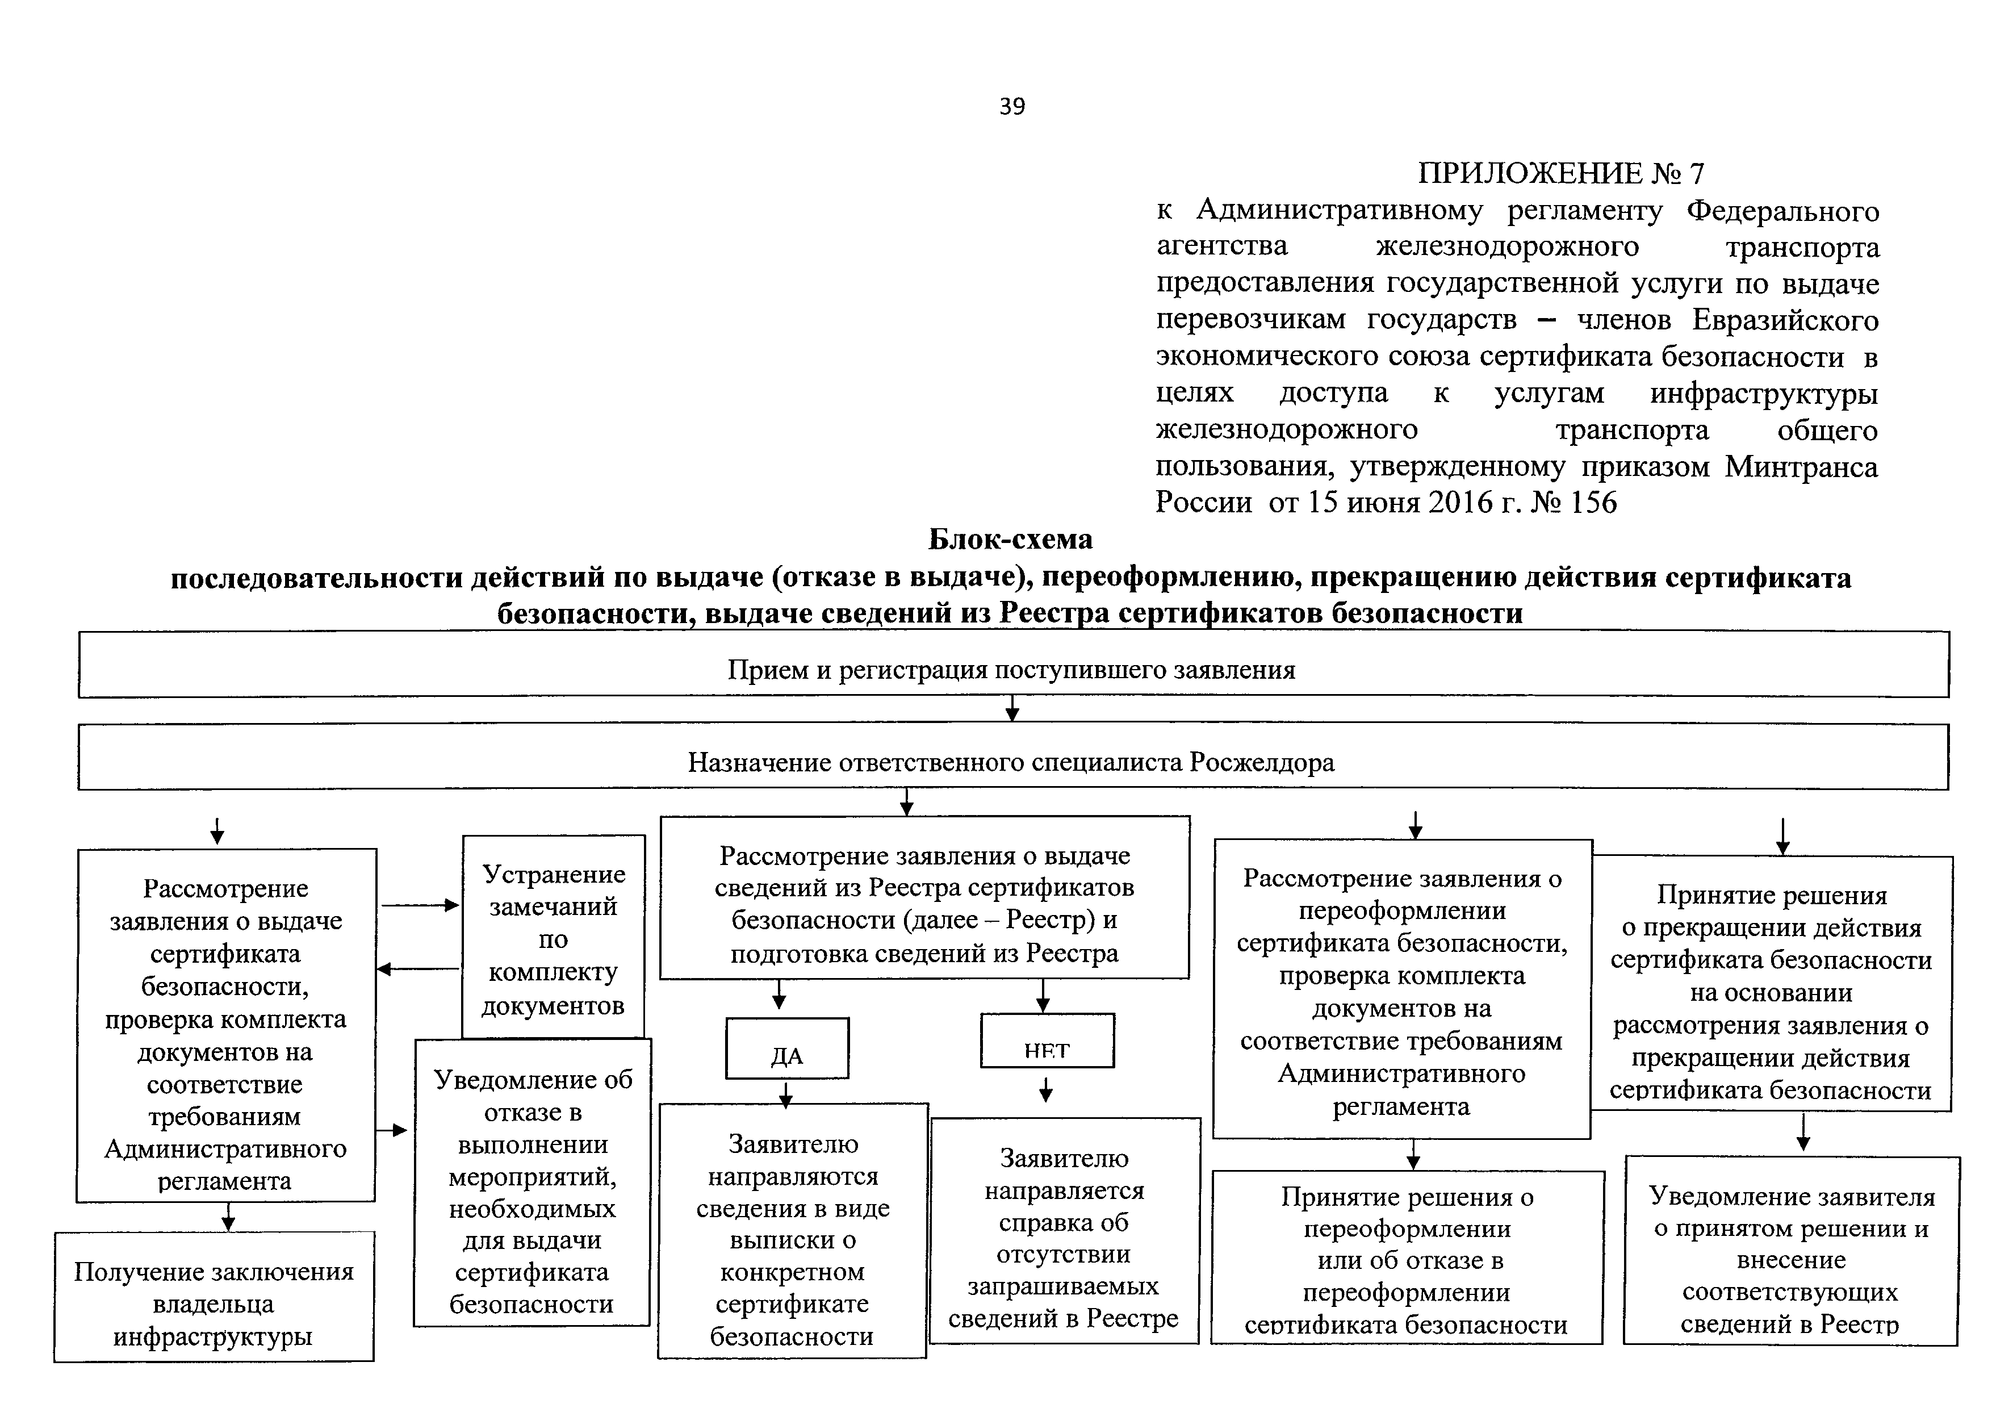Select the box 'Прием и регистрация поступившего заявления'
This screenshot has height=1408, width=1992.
point(1012,669)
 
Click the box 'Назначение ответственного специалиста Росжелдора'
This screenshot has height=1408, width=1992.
point(1012,762)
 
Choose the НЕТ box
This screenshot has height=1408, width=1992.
point(1047,1043)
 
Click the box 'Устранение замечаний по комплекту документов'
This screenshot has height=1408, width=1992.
point(554,939)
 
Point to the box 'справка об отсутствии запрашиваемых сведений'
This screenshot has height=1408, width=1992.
point(1064,1239)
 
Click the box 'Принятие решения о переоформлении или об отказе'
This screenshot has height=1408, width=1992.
point(1407,1260)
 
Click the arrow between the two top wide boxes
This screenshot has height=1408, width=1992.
point(1012,709)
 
